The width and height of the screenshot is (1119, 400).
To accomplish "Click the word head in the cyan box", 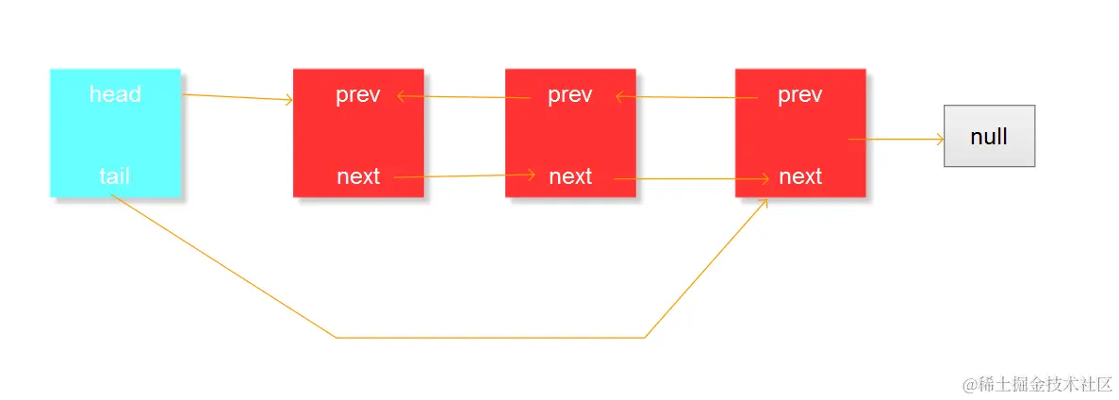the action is point(115,94).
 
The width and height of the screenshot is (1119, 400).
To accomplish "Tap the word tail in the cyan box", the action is point(114,175).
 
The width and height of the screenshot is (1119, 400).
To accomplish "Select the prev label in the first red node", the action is point(358,95).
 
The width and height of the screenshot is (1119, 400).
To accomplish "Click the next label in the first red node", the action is point(358,176).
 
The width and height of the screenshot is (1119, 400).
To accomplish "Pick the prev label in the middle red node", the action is point(570,95).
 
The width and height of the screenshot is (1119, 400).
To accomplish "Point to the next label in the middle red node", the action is point(570,176).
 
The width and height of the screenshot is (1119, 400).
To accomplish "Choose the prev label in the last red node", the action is point(800,95).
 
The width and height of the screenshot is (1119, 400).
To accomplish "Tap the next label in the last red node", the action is point(800,176).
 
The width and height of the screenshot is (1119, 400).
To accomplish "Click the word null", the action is point(989,137).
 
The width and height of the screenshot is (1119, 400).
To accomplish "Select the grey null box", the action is point(989,136).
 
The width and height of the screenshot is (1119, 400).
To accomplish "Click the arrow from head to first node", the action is point(238,97).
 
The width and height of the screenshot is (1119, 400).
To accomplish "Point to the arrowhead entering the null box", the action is point(939,140).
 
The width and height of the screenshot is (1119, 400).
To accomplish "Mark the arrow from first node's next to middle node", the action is point(465,175).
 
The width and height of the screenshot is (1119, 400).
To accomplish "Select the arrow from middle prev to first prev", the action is point(464,96).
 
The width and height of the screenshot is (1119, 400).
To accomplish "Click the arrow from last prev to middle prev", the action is point(685,96).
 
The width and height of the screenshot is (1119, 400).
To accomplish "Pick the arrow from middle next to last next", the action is point(691,178).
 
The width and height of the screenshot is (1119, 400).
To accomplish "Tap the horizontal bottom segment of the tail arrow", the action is point(490,337).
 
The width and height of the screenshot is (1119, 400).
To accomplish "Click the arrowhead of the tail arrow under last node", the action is point(765,203).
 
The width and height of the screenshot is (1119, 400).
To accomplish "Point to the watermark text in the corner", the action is point(1037,384).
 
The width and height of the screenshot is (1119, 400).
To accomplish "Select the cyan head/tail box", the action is point(115,133).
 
